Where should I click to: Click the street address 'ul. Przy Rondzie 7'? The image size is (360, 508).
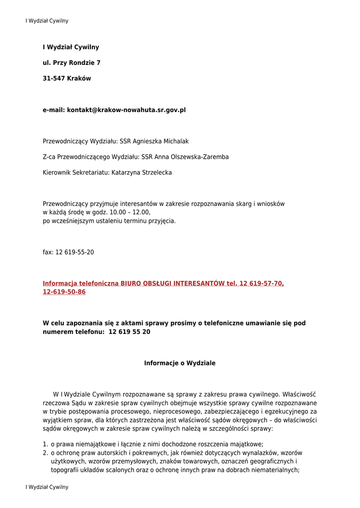pyautogui.click(x=72, y=63)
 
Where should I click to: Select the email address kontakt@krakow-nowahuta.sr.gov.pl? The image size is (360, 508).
pyautogui.click(x=126, y=110)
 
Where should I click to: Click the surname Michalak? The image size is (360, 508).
pyautogui.click(x=173, y=141)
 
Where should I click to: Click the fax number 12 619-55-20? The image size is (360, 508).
pyautogui.click(x=74, y=252)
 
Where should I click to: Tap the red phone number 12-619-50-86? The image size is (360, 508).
pyautogui.click(x=64, y=292)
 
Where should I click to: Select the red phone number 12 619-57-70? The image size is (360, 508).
pyautogui.click(x=262, y=283)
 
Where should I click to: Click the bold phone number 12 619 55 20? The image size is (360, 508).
pyautogui.click(x=129, y=331)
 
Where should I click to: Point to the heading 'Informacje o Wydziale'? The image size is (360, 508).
pyautogui.click(x=180, y=363)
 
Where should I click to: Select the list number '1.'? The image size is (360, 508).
pyautogui.click(x=45, y=444)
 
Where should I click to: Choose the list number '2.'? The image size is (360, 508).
pyautogui.click(x=45, y=453)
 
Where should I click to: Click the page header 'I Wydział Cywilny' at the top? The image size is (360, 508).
pyautogui.click(x=47, y=21)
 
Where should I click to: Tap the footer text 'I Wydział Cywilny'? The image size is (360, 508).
pyautogui.click(x=47, y=487)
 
